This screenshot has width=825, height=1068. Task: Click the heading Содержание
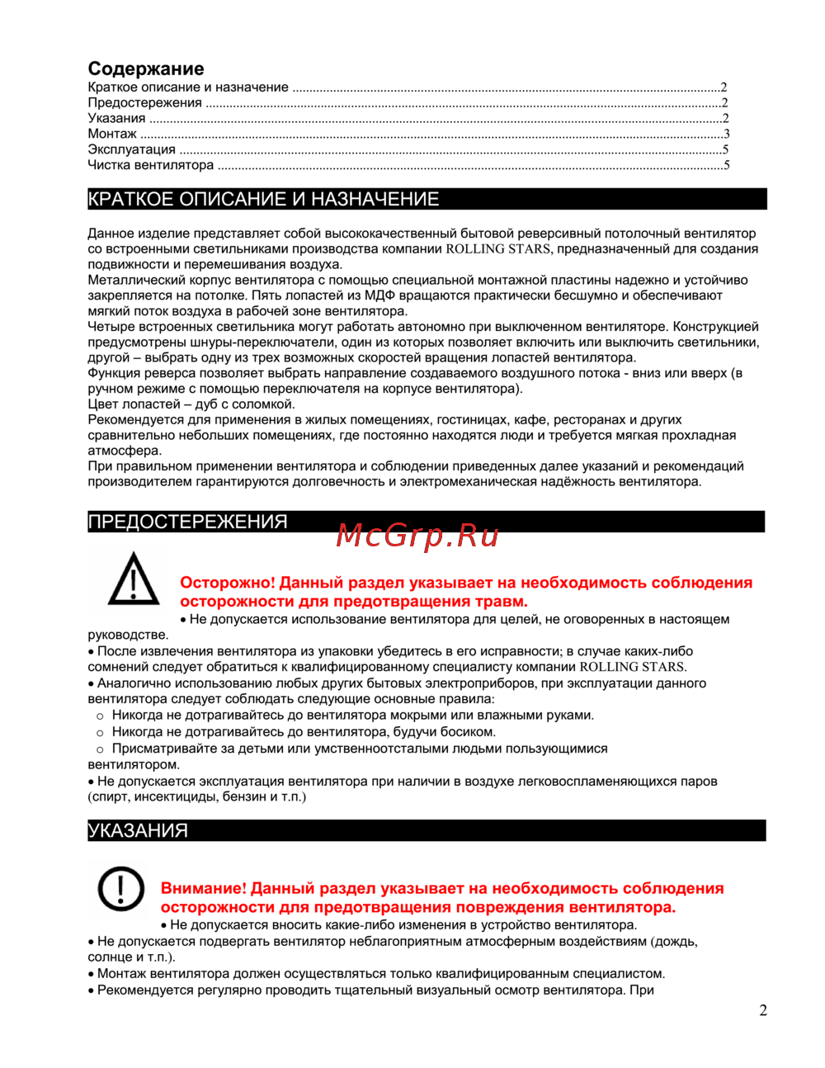146,69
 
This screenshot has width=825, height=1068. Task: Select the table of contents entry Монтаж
112,134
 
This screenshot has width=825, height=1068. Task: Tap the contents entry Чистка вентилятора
151,165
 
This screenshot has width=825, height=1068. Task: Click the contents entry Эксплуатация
132,149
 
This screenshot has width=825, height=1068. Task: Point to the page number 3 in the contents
726,134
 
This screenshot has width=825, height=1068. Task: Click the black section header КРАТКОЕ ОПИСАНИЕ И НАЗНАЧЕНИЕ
264,199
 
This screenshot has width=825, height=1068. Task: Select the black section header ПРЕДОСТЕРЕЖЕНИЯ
188,522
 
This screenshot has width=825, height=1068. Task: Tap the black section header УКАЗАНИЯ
139,830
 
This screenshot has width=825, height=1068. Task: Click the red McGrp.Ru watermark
417,536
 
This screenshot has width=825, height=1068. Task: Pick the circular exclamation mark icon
121,889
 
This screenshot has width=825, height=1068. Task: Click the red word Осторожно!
227,583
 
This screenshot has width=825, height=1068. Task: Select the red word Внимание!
204,889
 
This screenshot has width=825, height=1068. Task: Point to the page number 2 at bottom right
763,1010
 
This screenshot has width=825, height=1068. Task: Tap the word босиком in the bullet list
466,732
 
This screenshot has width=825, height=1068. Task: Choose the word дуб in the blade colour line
206,404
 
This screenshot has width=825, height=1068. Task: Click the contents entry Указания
116,118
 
